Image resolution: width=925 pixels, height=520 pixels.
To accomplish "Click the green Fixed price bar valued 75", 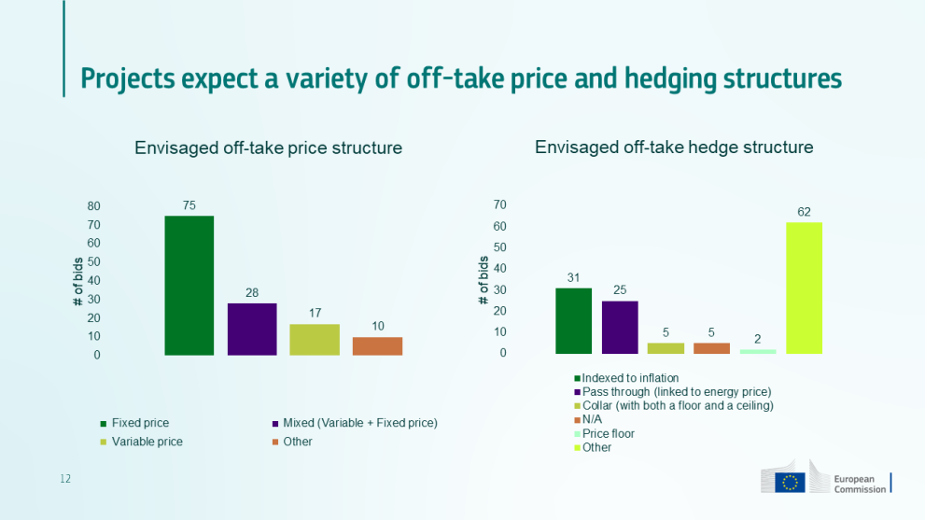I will [189, 285].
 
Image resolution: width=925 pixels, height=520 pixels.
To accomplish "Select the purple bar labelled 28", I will [252, 329].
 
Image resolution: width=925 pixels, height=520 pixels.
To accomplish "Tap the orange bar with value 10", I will [377, 345].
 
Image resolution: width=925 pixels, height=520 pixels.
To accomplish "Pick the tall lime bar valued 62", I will [804, 288].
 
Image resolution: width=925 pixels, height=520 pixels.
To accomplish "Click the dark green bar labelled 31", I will [573, 320].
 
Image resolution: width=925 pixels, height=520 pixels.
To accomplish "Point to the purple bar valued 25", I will [620, 327].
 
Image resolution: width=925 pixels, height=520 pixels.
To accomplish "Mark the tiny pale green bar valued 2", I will [758, 351].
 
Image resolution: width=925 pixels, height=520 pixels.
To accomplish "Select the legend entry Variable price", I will [147, 442].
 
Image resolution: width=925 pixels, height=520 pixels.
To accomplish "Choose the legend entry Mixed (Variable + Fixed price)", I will [360, 423].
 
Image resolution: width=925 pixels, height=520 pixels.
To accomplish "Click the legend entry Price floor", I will [608, 433].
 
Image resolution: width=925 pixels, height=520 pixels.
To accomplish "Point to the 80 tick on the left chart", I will [94, 206].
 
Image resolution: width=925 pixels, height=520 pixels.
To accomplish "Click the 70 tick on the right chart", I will [499, 205].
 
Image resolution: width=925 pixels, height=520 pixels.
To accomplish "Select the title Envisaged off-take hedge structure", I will [674, 148].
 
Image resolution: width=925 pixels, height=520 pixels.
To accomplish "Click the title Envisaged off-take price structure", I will [268, 148].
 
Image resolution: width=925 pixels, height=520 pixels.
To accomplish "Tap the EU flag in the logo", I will [791, 482].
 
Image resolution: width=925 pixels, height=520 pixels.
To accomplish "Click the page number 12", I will [65, 479].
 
